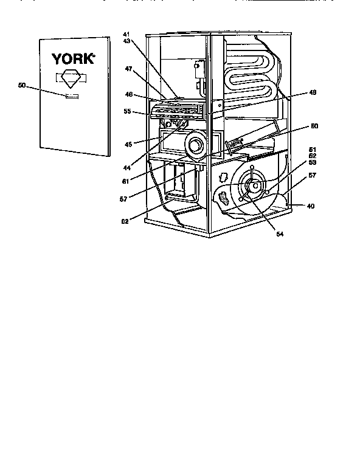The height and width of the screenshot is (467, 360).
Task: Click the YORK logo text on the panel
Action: (73, 59)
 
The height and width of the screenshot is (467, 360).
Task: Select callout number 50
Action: (22, 86)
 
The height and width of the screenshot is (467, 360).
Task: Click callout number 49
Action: (313, 92)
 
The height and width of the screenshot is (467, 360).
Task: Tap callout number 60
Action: (314, 126)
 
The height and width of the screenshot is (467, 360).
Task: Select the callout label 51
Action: (313, 150)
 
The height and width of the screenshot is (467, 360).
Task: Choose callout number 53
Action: (313, 163)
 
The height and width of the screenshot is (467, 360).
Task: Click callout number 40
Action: (311, 206)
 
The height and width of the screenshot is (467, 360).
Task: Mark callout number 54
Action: (280, 233)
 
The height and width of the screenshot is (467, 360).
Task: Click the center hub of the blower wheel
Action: (255, 185)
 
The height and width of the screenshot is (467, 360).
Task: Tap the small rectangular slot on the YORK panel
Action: (72, 95)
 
